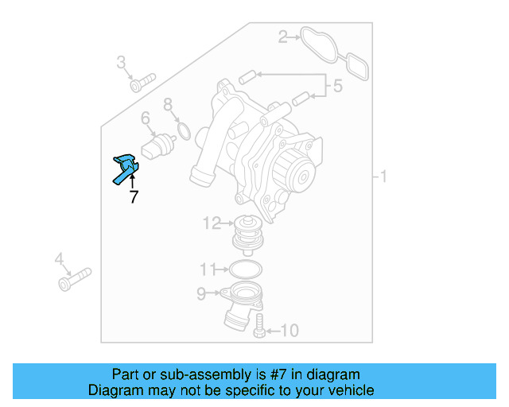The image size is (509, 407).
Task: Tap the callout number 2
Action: [283, 36]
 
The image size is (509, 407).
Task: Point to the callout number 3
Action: [122, 62]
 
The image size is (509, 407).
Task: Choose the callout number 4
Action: [59, 259]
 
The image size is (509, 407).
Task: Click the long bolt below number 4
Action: [74, 279]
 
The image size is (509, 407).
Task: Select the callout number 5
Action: [337, 86]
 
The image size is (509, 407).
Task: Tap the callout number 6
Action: [146, 119]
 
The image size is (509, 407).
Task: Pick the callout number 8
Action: [168, 104]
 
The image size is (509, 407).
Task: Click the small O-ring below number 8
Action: [182, 130]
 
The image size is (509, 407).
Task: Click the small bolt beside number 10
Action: [258, 327]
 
